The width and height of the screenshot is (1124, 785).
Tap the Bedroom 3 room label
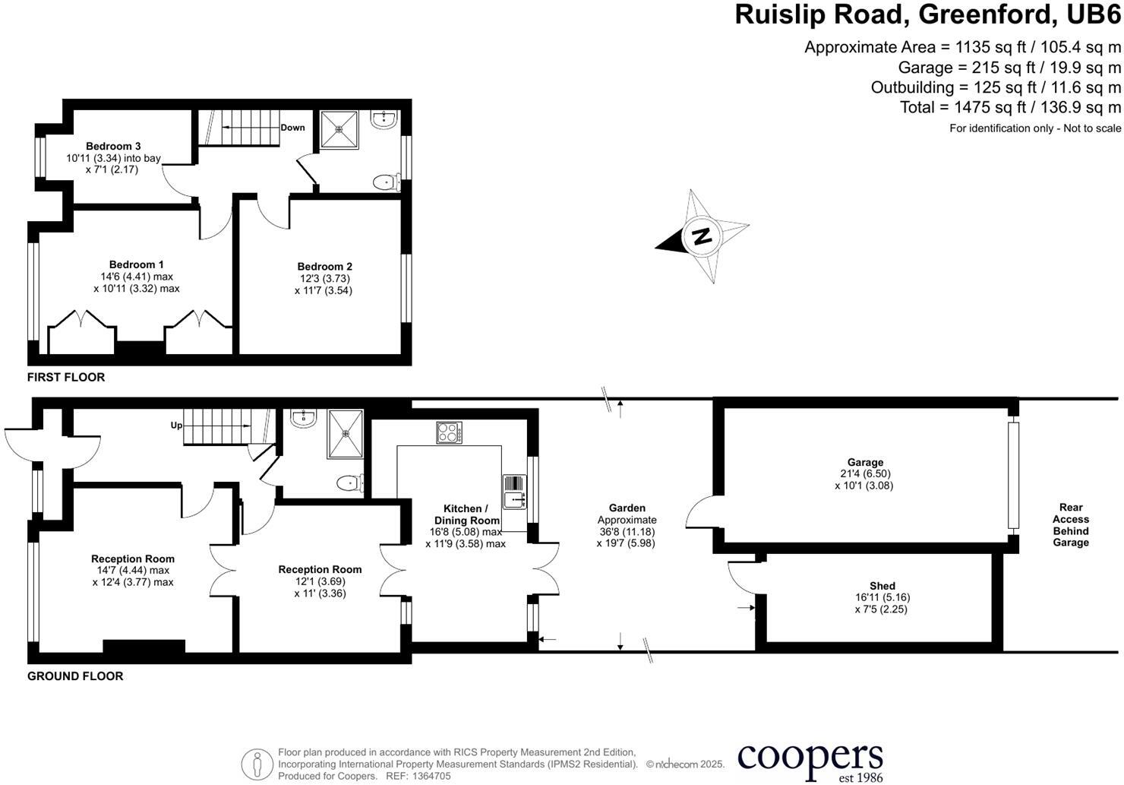pos(113,146)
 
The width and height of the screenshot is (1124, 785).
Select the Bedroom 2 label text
pos(324,267)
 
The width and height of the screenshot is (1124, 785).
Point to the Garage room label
pos(865,462)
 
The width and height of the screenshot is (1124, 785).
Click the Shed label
pos(882,586)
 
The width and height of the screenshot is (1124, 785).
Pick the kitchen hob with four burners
pos(449,432)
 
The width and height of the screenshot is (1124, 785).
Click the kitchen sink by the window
pos(514,492)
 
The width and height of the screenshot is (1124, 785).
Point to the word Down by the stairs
pos(292,128)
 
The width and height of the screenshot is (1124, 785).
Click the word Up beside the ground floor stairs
pos(176,426)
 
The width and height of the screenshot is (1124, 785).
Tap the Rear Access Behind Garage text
pos(1070,525)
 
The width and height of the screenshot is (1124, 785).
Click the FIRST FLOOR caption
pos(66,378)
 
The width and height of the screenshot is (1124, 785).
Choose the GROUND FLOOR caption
pos(75,676)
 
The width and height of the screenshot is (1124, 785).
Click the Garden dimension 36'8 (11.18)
pos(627,532)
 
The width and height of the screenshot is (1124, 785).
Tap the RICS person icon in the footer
pos(257,764)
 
